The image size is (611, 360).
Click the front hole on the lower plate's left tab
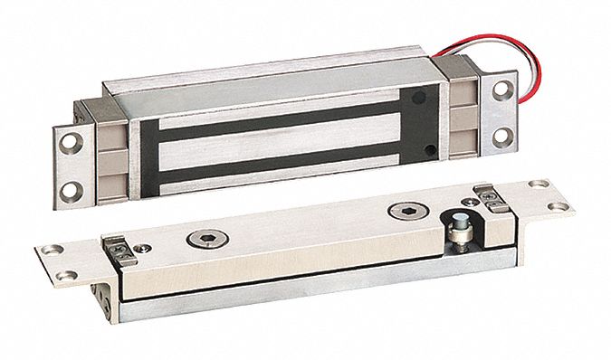63,272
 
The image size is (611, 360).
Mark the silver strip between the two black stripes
272,146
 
